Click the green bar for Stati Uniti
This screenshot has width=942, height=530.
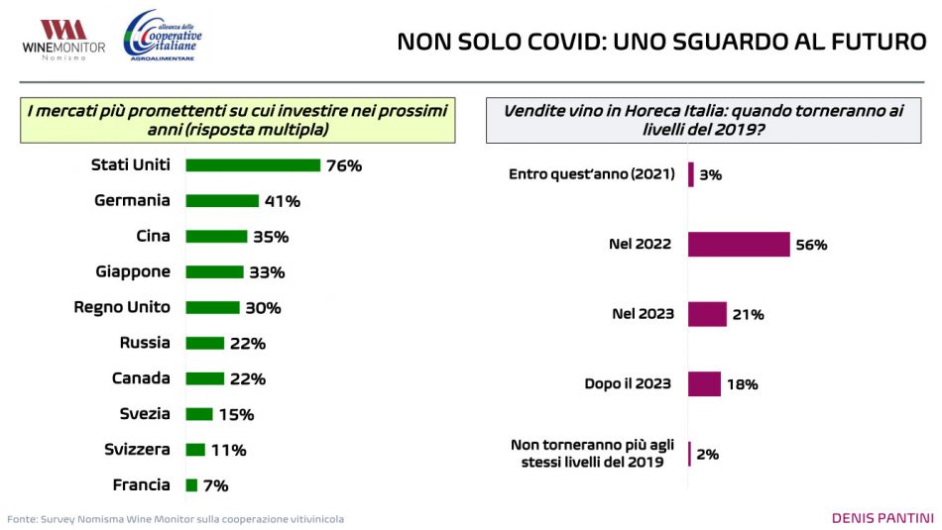253,165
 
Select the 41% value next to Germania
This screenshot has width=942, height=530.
282,201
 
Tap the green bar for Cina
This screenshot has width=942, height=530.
216,237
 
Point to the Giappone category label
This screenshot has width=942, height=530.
133,271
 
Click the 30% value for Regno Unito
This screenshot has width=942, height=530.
263,308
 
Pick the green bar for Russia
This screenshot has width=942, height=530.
205,343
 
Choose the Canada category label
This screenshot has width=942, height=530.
141,378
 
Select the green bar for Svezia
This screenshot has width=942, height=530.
199,414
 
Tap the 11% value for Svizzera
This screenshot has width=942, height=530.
228,450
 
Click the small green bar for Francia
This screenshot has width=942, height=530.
192,485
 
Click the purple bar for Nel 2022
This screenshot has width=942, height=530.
739,245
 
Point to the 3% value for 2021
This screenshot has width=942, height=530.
711,174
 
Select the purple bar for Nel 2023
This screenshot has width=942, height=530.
707,314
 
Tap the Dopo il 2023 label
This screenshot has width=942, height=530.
629,383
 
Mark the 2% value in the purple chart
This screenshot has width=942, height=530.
707,454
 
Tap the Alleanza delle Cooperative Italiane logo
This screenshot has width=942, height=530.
162,37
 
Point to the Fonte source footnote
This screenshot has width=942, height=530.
176,519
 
